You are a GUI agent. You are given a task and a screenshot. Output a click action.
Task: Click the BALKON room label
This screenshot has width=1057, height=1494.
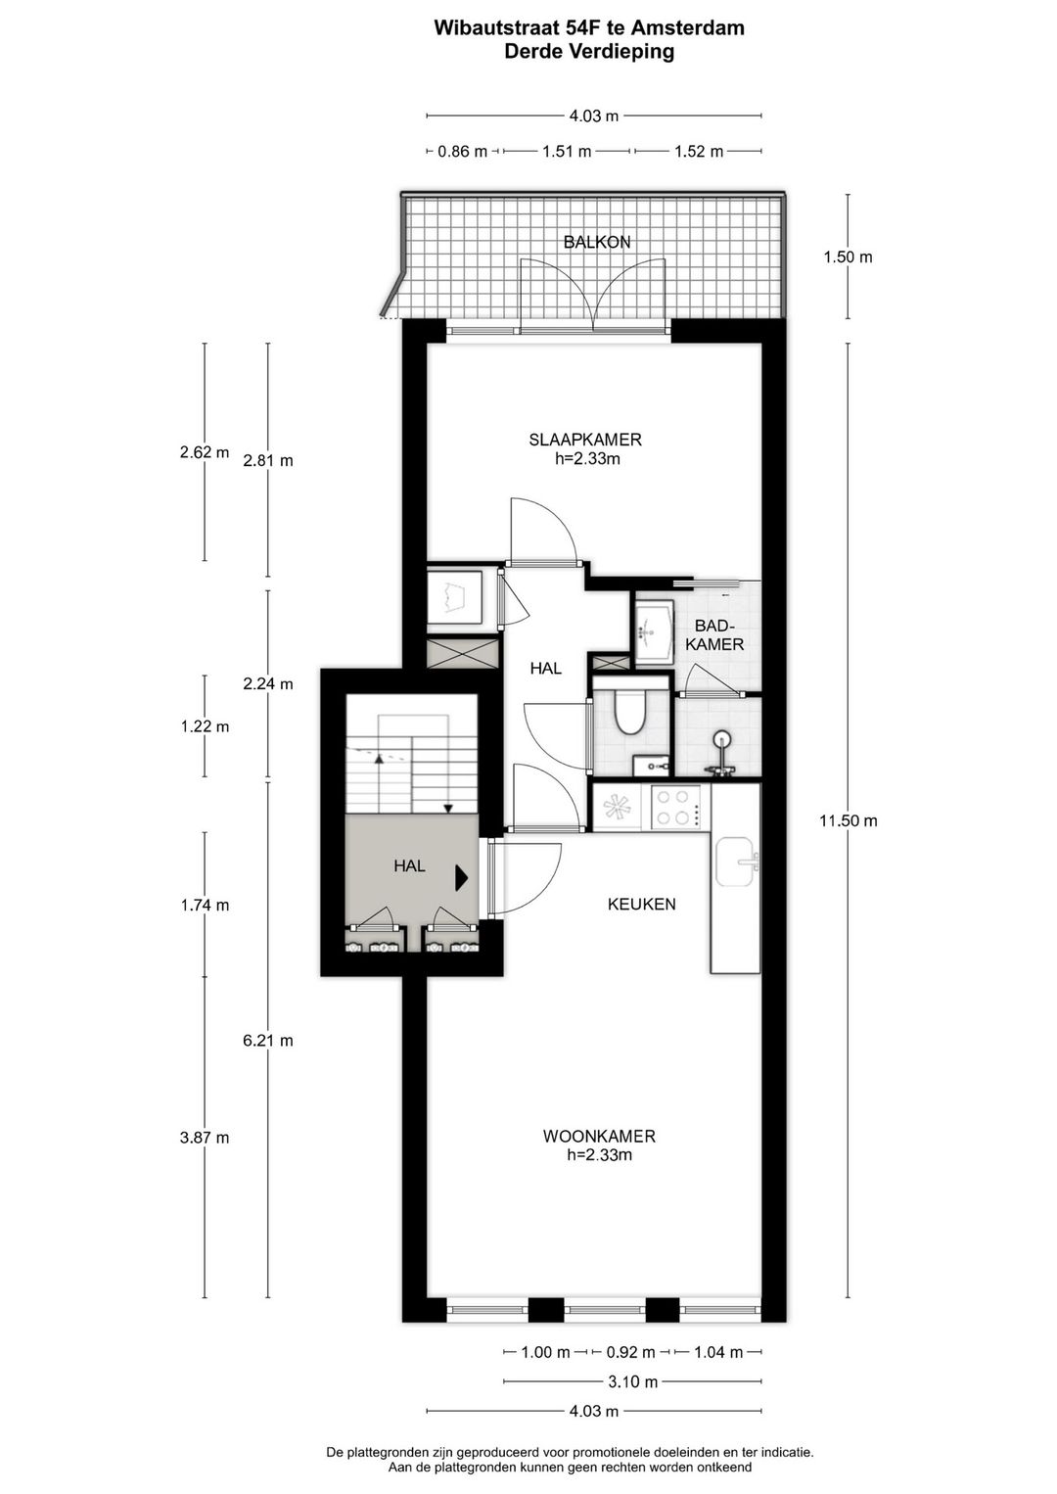coord(596,242)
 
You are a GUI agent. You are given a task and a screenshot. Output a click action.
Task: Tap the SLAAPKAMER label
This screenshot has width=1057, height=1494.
coord(584,441)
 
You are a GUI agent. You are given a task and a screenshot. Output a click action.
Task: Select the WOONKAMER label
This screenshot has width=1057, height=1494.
coord(599,1137)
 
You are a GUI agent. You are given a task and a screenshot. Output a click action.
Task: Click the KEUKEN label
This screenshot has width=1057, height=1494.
coord(641,905)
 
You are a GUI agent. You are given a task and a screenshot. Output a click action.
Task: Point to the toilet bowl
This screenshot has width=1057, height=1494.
coord(629,713)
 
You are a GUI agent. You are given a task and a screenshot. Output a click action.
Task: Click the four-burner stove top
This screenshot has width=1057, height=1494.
coord(676,808)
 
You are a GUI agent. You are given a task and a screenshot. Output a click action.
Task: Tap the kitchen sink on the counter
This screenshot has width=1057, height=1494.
coord(736,862)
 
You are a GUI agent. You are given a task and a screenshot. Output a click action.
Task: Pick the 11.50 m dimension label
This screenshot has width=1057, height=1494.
coord(848,821)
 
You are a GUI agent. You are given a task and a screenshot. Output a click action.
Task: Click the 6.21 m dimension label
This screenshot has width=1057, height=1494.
coord(268,1041)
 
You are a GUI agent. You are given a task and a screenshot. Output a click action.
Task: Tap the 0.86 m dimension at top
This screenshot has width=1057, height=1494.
coord(462,152)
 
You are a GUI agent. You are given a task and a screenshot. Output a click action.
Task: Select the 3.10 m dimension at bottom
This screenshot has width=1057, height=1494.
coord(632,1382)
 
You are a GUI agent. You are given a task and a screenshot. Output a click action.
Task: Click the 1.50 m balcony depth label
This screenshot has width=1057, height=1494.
coord(848,257)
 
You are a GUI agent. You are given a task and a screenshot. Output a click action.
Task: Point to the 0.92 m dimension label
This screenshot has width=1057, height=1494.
coord(631,1353)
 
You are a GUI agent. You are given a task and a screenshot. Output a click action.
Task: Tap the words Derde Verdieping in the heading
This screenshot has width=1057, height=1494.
coord(589,52)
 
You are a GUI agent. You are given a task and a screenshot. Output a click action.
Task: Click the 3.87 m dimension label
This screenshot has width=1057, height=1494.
coord(205,1138)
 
